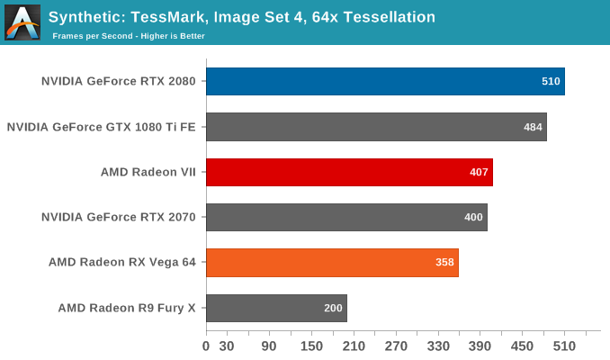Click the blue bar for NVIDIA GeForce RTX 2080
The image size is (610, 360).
coord(385,81)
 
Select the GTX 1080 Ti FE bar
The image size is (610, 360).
coord(376,127)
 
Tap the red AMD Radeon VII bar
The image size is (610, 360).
coord(349,172)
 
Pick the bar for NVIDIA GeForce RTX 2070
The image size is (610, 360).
coord(346,217)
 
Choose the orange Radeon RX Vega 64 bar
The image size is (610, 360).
coord(332,263)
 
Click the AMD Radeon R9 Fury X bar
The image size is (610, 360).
coord(276,308)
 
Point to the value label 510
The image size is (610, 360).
coord(551,81)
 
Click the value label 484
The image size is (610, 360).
coord(533,127)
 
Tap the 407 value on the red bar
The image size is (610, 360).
coord(480,172)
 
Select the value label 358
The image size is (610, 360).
coord(445,263)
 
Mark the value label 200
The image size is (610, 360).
coord(333,308)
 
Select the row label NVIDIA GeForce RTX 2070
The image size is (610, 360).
coord(119,217)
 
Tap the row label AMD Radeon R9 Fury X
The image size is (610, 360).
coord(127,308)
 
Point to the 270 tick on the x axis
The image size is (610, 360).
coord(396,346)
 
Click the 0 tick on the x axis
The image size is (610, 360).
coord(206,346)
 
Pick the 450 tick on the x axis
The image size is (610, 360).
coord(522,346)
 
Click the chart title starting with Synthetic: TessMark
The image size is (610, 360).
coord(242,17)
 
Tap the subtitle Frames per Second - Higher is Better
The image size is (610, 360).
coord(129,36)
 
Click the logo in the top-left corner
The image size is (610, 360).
coord(22,22)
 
